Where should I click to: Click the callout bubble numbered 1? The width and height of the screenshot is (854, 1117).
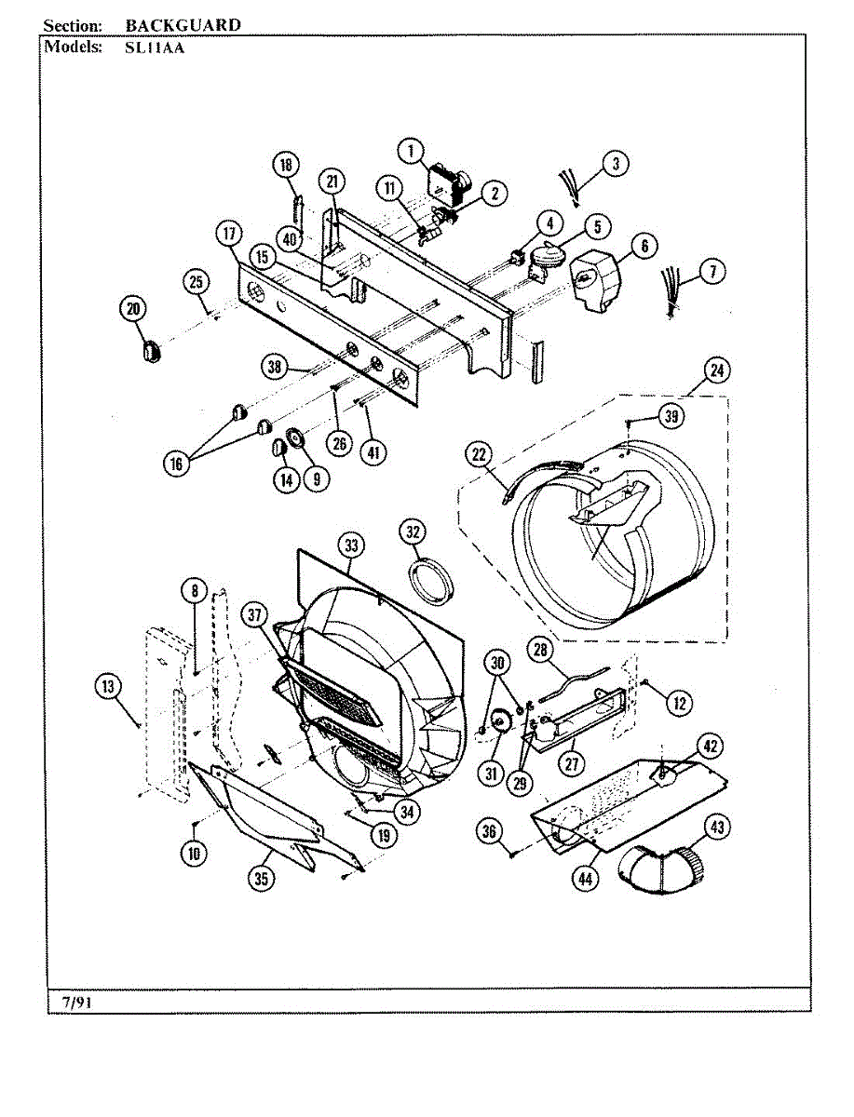pos(411,149)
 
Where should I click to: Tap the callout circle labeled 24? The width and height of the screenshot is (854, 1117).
pos(716,370)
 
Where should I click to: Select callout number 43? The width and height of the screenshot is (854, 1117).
pos(717,827)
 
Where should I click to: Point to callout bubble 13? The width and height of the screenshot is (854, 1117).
pos(109,687)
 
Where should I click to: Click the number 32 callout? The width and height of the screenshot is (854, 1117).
pos(413,532)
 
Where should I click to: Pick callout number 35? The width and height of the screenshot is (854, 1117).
pos(264,876)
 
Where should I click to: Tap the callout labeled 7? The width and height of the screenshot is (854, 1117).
pos(712,272)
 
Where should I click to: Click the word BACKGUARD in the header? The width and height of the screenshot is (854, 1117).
pos(183,25)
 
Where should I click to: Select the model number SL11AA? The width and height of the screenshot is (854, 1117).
pos(155,47)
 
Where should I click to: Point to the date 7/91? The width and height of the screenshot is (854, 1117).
pos(77,1002)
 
